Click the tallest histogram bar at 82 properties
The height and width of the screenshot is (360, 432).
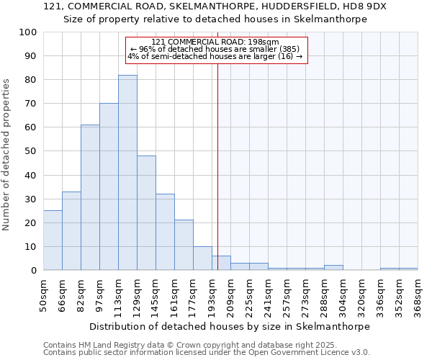coord(127,173)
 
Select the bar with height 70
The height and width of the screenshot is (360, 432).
coord(109,187)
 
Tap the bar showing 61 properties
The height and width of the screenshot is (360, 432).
coord(90,198)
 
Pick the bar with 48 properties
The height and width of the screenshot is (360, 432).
coord(146,213)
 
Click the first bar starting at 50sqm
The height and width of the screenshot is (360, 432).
coord(53,240)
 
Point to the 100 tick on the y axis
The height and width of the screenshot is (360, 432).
coord(28,32)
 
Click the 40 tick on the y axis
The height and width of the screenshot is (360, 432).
coord(31,175)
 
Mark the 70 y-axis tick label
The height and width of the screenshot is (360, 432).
coord(31,104)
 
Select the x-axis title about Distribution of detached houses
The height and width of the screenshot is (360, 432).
coord(230,326)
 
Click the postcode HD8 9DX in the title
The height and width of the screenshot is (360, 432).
coord(363,6)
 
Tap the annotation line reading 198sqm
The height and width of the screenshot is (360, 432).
coord(215,42)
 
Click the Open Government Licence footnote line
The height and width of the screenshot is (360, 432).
coord(207,352)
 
